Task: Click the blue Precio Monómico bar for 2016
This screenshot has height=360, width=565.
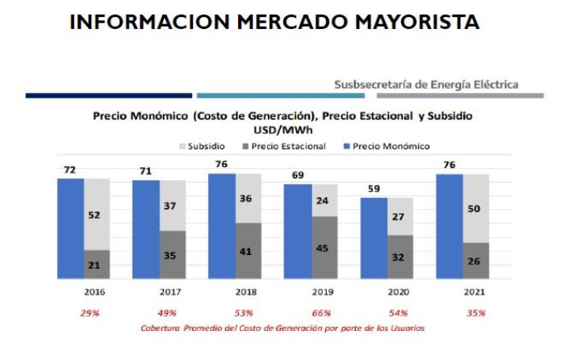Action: click(x=71, y=228)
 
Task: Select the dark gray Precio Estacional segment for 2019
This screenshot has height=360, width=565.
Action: click(x=325, y=248)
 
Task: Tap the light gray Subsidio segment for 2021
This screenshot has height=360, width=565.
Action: click(x=476, y=208)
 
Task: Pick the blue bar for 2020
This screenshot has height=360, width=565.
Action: click(x=374, y=238)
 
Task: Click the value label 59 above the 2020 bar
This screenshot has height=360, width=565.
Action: click(x=374, y=189)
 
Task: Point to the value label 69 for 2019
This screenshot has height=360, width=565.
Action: click(x=298, y=175)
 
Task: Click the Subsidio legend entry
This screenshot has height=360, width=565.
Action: click(x=202, y=146)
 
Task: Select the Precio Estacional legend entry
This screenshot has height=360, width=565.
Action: click(x=284, y=146)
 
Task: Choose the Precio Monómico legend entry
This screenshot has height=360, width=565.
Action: click(x=387, y=146)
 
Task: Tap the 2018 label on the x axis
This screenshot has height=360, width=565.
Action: click(x=246, y=292)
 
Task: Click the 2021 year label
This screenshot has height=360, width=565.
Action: click(x=475, y=292)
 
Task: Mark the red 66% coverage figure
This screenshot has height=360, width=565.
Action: click(x=321, y=313)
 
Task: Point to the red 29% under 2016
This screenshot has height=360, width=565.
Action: click(x=90, y=313)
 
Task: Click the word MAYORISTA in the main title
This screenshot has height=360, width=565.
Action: click(x=417, y=22)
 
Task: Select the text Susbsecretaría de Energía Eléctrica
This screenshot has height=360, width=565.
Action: click(x=426, y=85)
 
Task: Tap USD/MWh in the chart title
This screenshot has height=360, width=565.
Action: click(x=282, y=130)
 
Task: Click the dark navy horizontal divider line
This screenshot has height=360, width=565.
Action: click(x=109, y=95)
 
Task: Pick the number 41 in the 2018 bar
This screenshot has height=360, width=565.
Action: click(x=245, y=252)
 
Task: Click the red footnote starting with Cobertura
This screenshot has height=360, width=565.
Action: click(x=282, y=329)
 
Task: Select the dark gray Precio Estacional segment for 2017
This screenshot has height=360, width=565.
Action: click(x=173, y=255)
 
